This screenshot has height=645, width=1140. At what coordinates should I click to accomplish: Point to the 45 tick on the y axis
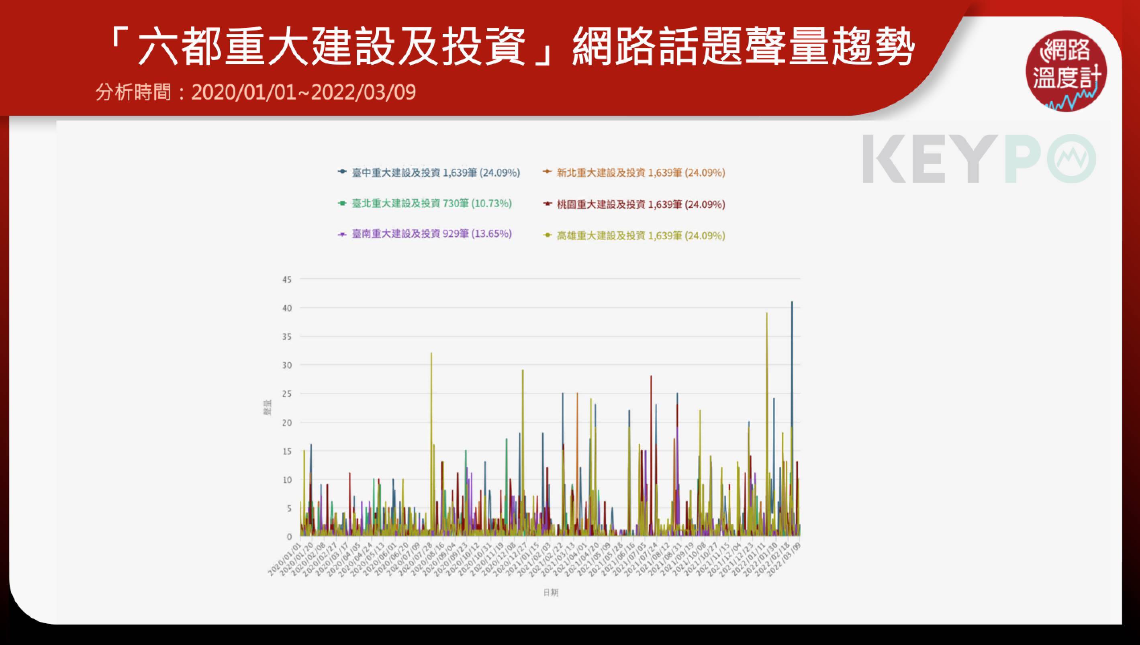[x=287, y=280]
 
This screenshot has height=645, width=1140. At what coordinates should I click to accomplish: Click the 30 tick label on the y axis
[x=287, y=365]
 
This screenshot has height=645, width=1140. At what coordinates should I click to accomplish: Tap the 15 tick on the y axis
[x=287, y=451]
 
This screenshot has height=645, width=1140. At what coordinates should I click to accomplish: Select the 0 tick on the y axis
[x=289, y=537]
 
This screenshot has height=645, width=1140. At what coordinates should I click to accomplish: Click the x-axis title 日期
[x=551, y=593]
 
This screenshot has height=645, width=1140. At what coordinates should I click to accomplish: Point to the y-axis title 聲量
[x=267, y=408]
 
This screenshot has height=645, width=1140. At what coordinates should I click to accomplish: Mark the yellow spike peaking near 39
[x=767, y=314]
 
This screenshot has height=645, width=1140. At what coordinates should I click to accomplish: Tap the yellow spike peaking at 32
[x=431, y=354]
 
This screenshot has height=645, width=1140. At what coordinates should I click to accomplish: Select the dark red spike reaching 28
[x=651, y=378]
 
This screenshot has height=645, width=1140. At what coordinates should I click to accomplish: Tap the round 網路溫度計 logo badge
[x=1066, y=71]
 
